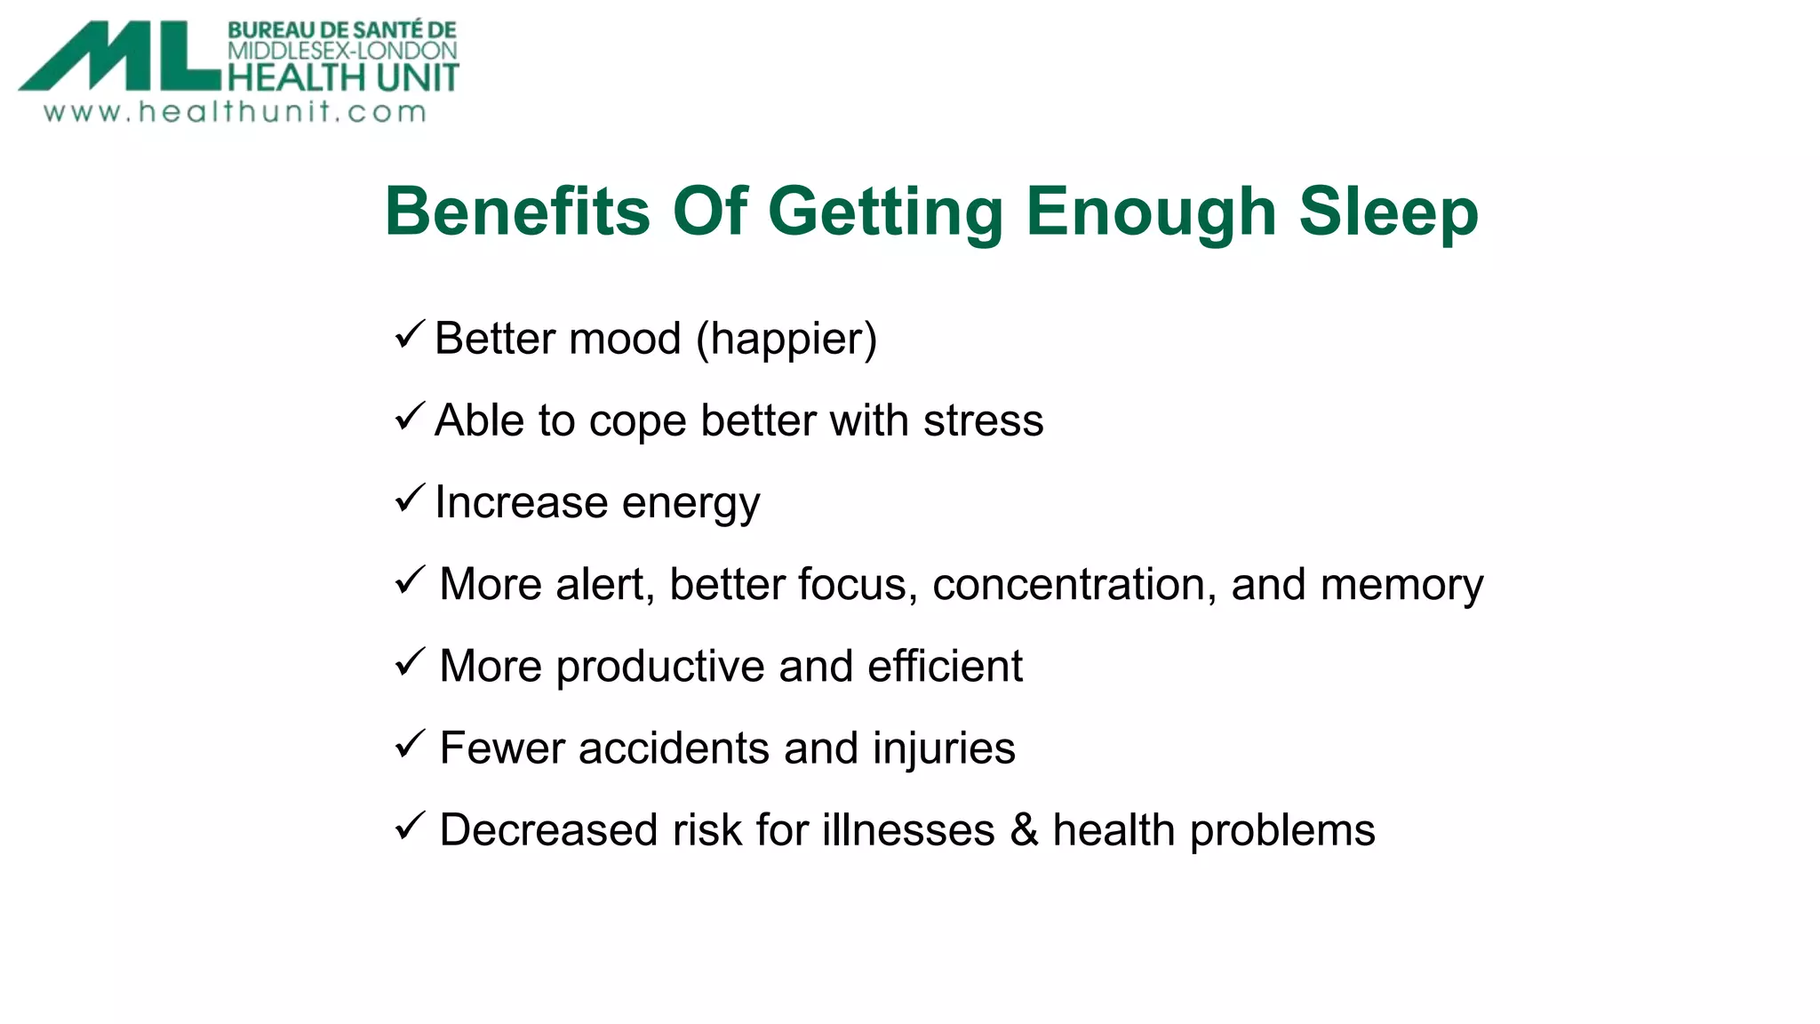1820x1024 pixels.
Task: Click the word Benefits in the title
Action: pos(517,212)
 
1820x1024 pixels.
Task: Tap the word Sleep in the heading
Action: pos(1388,212)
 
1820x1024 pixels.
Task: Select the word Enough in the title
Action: pos(1151,213)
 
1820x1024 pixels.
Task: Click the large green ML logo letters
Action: pos(120,57)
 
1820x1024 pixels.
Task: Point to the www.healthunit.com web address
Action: pos(235,112)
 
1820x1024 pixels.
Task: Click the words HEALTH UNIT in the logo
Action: pos(343,78)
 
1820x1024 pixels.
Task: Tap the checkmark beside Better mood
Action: pos(410,335)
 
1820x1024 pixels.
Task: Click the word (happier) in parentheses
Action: pos(786,340)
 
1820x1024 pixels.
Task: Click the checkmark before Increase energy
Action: pos(410,499)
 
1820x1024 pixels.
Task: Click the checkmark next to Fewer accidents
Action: pos(410,744)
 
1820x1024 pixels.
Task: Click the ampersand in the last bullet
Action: pos(1024,830)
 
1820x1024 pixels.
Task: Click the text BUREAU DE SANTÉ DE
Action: pos(342,30)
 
